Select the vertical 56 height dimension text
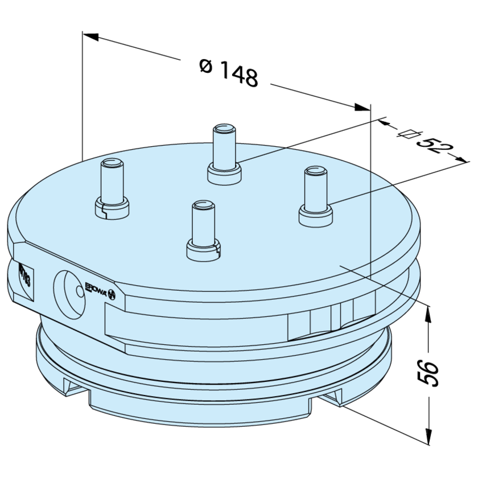(431, 373)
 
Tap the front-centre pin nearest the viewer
(203, 228)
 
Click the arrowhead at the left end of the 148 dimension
(90, 36)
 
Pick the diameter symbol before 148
(206, 65)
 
